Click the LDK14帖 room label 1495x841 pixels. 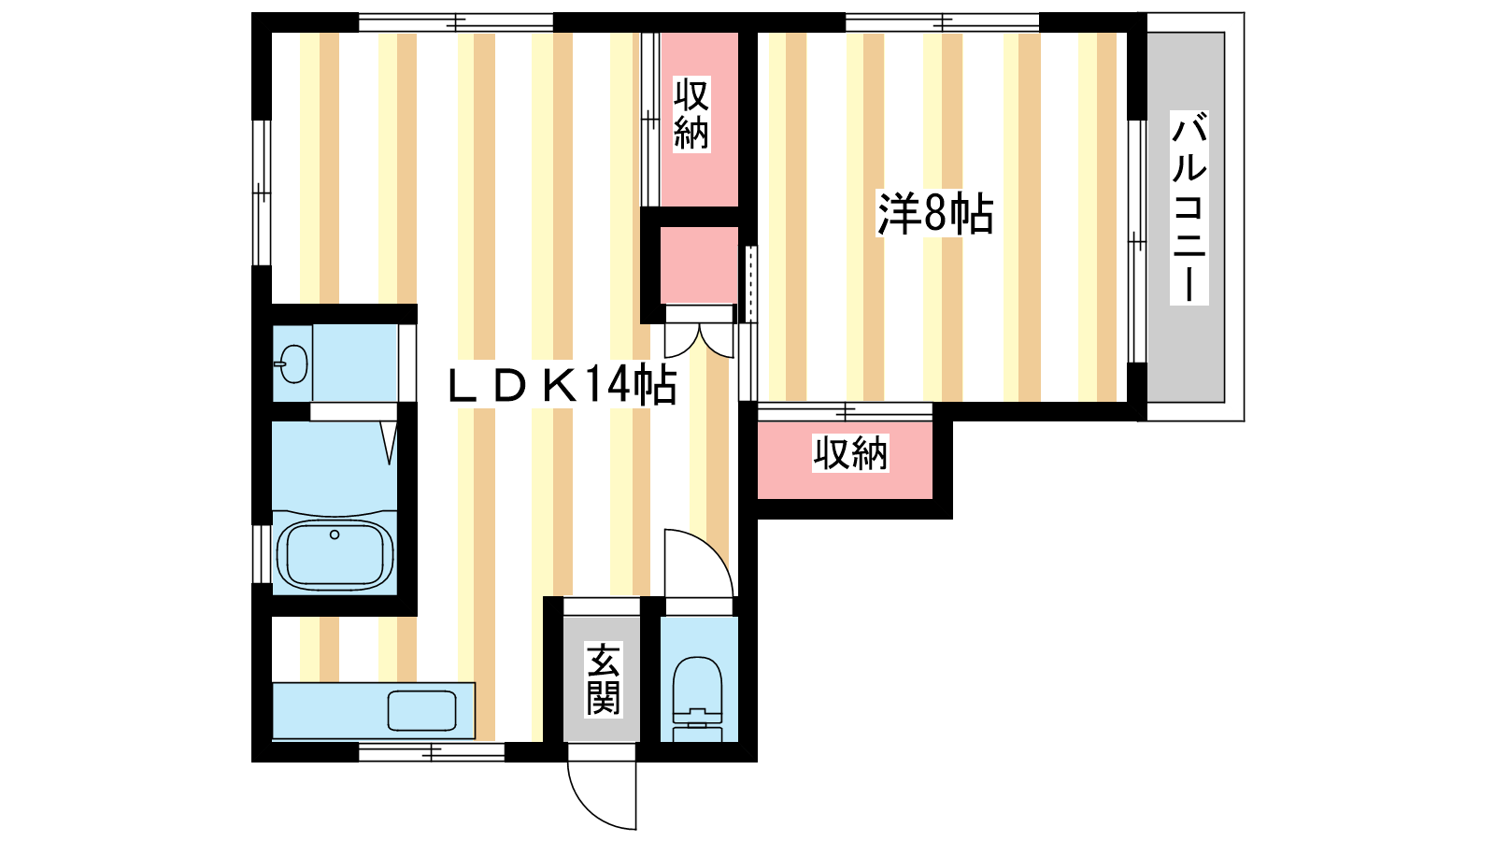[562, 386]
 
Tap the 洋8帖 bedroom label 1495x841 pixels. [935, 214]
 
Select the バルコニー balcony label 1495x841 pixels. [1189, 208]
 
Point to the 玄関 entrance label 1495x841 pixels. [603, 678]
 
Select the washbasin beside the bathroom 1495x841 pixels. [292, 363]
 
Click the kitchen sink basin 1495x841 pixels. [421, 710]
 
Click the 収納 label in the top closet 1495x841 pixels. [691, 113]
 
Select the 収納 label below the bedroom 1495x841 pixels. [849, 454]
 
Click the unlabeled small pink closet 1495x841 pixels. [699, 265]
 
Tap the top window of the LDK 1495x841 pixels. [456, 22]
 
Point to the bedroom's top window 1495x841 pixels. [943, 22]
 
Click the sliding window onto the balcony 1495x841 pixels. [1137, 241]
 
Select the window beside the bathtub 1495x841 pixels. [262, 554]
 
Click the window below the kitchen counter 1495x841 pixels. [431, 753]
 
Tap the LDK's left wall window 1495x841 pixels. [262, 192]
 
